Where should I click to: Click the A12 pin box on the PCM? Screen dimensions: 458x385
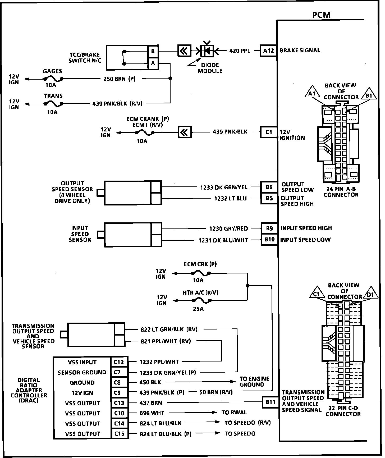coord(269,51)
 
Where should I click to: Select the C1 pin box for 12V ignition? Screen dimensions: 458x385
coord(269,132)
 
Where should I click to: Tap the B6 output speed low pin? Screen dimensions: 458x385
coord(269,187)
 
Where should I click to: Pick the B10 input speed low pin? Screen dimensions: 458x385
coord(269,240)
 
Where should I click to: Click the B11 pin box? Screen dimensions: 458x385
coord(270,402)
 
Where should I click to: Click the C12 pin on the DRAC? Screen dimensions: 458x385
coord(119,362)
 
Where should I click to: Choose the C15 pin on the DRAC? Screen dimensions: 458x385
coord(119,434)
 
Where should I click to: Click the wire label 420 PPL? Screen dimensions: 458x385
coord(240,51)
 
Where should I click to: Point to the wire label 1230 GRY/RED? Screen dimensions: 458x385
coord(228,228)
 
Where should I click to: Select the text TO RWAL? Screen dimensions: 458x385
coord(234,413)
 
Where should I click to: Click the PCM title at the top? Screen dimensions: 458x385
coord(321,15)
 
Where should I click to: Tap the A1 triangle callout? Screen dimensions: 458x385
coord(312,93)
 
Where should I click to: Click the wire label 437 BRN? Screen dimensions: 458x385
coord(151,403)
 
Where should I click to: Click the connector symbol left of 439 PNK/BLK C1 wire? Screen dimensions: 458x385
coord(185,132)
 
